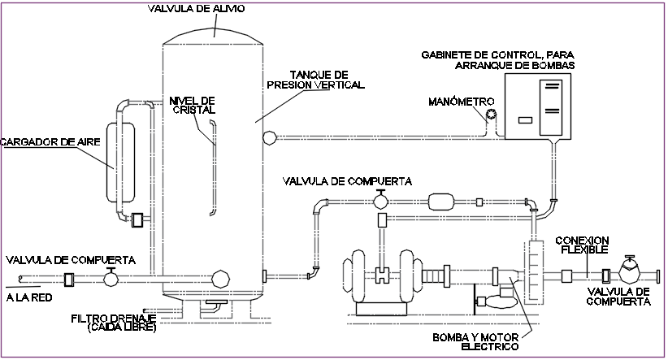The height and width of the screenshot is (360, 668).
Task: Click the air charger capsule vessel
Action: coord(124,160)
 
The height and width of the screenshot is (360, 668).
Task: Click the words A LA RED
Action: coord(29,297)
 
